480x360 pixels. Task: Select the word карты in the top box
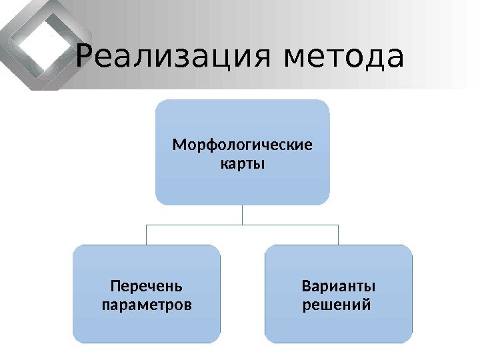(x=242, y=163)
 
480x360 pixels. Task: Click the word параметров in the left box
(x=146, y=305)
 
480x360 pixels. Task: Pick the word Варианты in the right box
(x=339, y=287)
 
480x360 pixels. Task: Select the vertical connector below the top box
(x=243, y=214)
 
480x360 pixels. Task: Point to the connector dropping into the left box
(x=146, y=235)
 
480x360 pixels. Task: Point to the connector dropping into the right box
(x=339, y=235)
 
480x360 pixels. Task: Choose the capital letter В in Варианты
(x=306, y=287)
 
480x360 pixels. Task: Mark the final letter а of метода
(x=394, y=58)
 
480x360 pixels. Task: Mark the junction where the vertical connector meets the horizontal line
(x=243, y=225)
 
